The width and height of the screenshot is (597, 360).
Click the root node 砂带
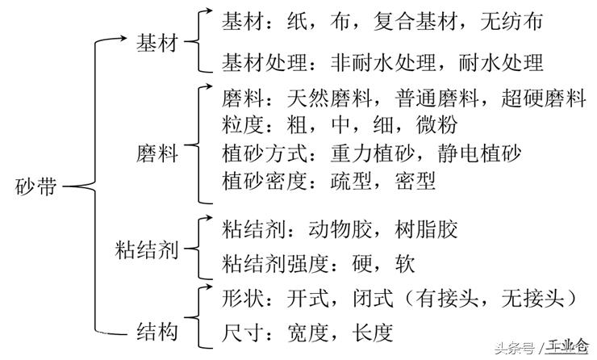pyautogui.click(x=36, y=186)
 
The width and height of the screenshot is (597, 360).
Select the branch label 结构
pyautogui.click(x=157, y=331)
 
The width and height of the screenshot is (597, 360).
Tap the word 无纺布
pyautogui.click(x=511, y=21)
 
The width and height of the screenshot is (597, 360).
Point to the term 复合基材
pyautogui.click(x=415, y=21)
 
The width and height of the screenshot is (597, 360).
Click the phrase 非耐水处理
pyautogui.click(x=383, y=62)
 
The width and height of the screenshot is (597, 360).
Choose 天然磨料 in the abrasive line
pyautogui.click(x=330, y=98)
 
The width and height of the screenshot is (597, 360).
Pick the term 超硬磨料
pyautogui.click(x=543, y=98)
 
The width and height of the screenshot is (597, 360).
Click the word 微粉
pyautogui.click(x=436, y=125)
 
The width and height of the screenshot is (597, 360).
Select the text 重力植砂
pyautogui.click(x=373, y=153)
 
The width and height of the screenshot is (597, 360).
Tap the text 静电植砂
pyautogui.click(x=479, y=153)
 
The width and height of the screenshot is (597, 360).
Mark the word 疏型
pyautogui.click(x=351, y=181)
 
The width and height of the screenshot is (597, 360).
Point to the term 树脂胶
pyautogui.click(x=427, y=229)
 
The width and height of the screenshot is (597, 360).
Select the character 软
pyautogui.click(x=405, y=264)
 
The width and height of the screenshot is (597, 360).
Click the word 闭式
pyautogui.click(x=373, y=298)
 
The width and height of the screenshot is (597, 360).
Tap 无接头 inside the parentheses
pyautogui.click(x=532, y=298)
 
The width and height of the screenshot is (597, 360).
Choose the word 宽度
pyautogui.click(x=308, y=333)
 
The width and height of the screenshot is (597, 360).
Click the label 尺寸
pyautogui.click(x=243, y=333)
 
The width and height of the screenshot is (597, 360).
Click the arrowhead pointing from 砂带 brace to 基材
pyautogui.click(x=123, y=38)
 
